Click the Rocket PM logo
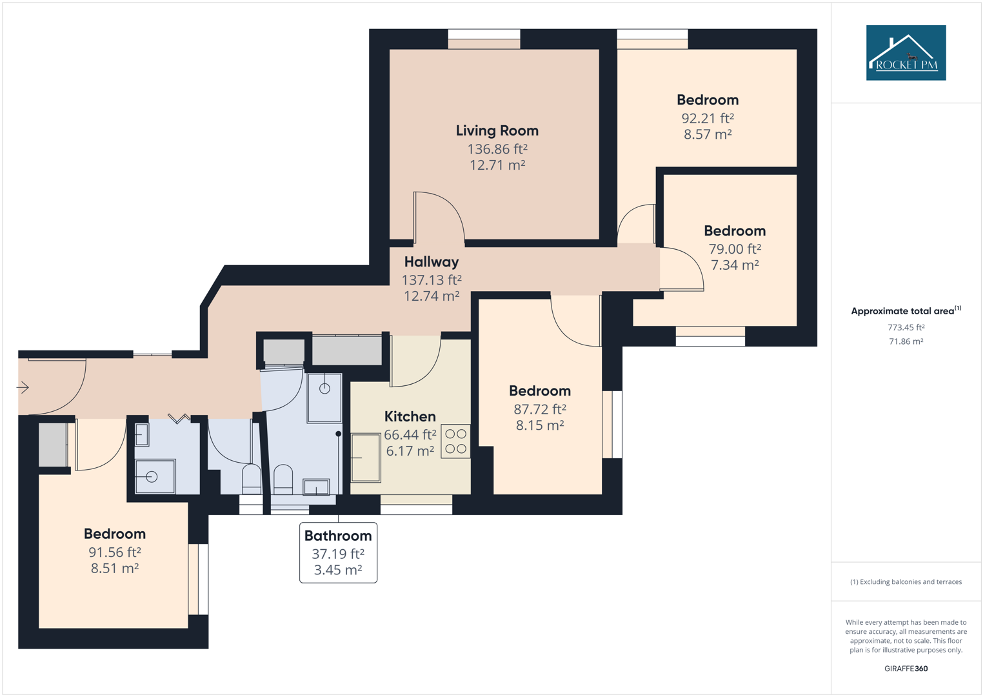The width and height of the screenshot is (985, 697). [906, 53]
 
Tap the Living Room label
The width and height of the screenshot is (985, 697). [497, 131]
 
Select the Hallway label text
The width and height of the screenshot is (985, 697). [432, 262]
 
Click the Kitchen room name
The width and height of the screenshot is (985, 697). [410, 417]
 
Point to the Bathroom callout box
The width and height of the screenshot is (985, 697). [338, 552]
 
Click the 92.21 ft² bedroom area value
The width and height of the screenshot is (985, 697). [708, 118]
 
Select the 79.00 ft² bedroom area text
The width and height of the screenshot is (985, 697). [735, 249]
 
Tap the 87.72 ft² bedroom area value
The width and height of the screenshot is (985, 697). [540, 409]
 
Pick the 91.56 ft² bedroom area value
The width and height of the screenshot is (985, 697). [115, 552]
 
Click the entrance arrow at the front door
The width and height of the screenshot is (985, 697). [23, 387]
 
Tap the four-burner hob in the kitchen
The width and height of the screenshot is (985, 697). [455, 441]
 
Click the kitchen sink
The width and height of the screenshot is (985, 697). [366, 458]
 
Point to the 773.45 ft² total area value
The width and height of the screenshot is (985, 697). [906, 327]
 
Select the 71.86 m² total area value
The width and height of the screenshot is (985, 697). [906, 341]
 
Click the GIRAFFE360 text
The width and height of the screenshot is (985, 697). [906, 669]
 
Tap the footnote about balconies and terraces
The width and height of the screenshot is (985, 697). [906, 582]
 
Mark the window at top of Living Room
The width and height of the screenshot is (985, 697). [484, 38]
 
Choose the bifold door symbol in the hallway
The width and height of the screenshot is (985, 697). [179, 419]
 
